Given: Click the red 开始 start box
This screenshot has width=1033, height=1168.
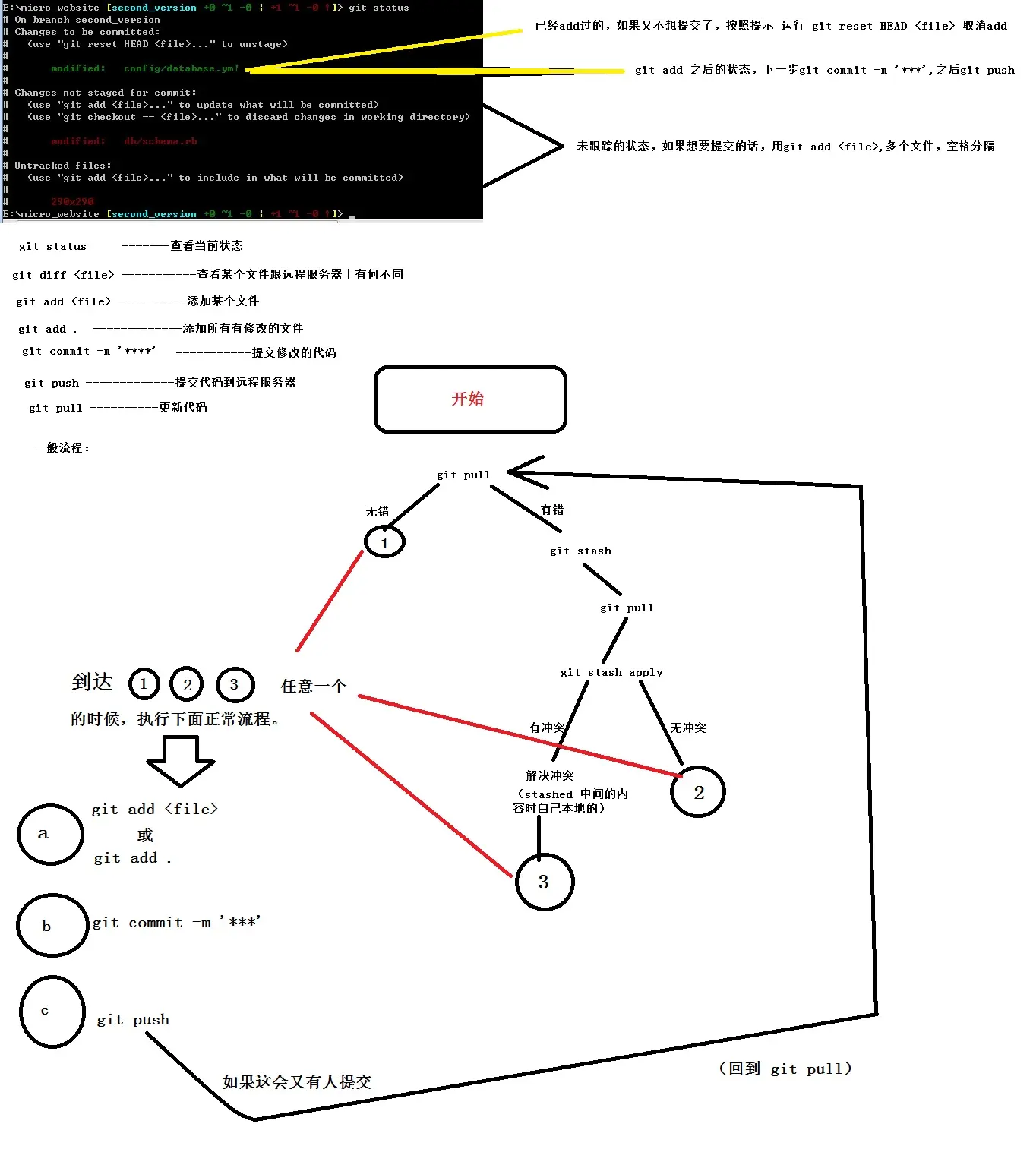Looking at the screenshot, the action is pyautogui.click(x=470, y=399).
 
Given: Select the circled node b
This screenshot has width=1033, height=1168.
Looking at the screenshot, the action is pyautogui.click(x=52, y=925).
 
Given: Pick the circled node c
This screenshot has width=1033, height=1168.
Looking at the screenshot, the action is pyautogui.click(x=52, y=1012).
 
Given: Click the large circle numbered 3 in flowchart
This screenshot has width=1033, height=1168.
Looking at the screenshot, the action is pyautogui.click(x=544, y=882).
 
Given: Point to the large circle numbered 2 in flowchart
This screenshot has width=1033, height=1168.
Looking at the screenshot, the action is pyautogui.click(x=698, y=792).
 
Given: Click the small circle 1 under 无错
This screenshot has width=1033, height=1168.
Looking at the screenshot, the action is pyautogui.click(x=384, y=542).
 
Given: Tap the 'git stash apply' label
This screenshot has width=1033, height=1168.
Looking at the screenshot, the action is pyautogui.click(x=611, y=672).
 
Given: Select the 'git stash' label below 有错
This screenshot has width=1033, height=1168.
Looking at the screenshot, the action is pyautogui.click(x=580, y=551).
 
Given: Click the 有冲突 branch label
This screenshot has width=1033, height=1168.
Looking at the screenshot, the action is pyautogui.click(x=547, y=728).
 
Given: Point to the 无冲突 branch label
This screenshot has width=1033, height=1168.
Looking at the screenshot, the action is pyautogui.click(x=687, y=728).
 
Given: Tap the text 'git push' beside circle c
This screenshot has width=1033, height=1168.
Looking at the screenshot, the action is pyautogui.click(x=133, y=1020).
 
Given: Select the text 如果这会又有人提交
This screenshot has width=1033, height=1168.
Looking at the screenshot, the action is pyautogui.click(x=297, y=1081).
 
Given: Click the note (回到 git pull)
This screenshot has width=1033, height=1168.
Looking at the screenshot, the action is pyautogui.click(x=785, y=1069).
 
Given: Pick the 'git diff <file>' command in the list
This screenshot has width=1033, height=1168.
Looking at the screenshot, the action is pyautogui.click(x=63, y=275).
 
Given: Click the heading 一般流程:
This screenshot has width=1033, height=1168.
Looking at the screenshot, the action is pyautogui.click(x=62, y=448).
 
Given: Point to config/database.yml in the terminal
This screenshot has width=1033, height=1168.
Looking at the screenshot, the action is pyautogui.click(x=181, y=68).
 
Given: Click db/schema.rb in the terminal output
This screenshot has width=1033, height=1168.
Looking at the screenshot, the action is pyautogui.click(x=160, y=141).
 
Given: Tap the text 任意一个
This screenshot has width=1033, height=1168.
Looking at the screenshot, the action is pyautogui.click(x=314, y=687).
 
